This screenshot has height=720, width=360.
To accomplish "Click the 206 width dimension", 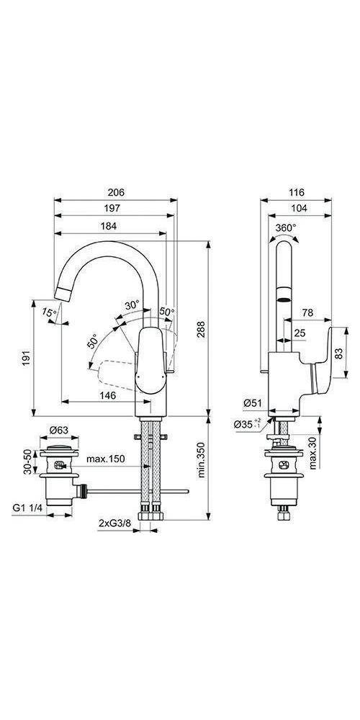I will click(x=117, y=192).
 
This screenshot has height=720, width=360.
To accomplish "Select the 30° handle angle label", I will click(x=132, y=305).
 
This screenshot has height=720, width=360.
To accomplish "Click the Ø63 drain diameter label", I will click(x=58, y=432).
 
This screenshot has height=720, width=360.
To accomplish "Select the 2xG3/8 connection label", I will click(x=114, y=524).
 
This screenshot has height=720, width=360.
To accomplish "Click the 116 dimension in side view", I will click(x=296, y=192).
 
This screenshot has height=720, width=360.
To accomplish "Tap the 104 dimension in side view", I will click(x=296, y=209).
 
